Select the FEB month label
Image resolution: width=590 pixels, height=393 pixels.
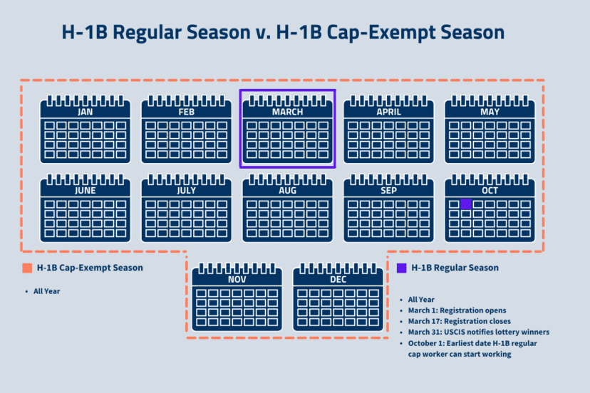pos(186,112)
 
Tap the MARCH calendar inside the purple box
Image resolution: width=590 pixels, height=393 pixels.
pos(287,130)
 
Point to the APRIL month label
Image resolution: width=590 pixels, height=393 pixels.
pos(388,112)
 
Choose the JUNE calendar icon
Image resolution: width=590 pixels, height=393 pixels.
pos(85,208)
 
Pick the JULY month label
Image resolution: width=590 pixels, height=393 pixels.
pos(186,191)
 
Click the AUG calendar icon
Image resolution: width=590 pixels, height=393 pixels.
pos(287,208)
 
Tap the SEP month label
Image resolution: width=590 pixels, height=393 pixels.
pos(388,191)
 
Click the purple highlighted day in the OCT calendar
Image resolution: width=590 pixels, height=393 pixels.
pos(466,204)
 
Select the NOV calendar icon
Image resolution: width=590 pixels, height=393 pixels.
pos(237,298)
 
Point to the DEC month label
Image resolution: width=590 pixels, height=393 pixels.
pos(338,280)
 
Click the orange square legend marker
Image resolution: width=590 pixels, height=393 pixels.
pos(27,268)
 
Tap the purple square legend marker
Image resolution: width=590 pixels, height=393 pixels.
pos(402,268)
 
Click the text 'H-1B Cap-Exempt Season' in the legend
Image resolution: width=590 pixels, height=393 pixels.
pos(90,268)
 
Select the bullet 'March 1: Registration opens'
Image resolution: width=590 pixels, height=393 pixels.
pos(457,310)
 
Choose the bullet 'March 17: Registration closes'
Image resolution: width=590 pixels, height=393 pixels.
pos(460,321)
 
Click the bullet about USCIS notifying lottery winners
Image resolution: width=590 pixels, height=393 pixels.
pos(478,332)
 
